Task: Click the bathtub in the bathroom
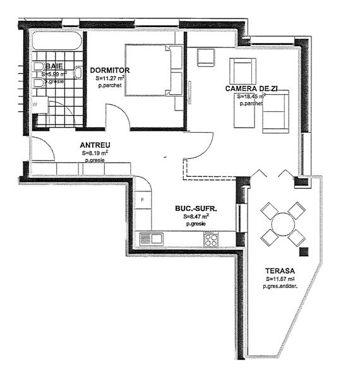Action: point(57,44)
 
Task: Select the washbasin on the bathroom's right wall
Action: point(78,72)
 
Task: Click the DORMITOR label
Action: point(110,69)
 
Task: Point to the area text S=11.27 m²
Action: point(110,78)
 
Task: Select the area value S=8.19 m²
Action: point(95,153)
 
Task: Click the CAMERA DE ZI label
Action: point(253,89)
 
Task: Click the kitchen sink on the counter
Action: point(152,238)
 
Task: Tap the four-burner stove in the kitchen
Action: point(211,239)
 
